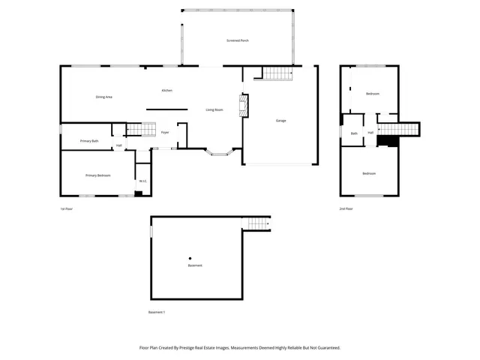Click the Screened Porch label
point(238,40)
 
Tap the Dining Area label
point(103,97)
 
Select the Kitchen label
point(166,91)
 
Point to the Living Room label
point(214,110)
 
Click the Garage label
point(280,120)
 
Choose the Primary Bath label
point(89,141)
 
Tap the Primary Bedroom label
point(97,175)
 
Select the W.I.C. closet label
point(142,181)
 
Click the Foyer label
point(164,133)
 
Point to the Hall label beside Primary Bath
point(118,145)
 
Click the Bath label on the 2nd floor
point(354,133)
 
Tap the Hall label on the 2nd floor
point(370,133)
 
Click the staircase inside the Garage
point(276,73)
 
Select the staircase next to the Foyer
point(134,129)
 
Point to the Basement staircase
point(257,223)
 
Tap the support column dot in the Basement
point(190,259)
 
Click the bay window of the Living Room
point(220,154)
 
